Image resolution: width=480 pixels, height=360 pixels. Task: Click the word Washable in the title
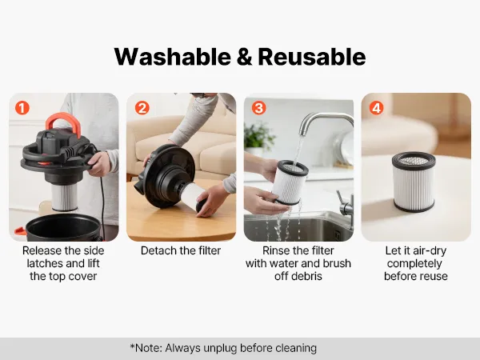(x=173, y=57)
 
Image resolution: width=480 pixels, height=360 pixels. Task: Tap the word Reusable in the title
(x=312, y=57)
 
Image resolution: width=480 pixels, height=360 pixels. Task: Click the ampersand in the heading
(x=245, y=58)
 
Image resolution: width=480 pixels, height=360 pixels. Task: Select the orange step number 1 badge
(x=22, y=108)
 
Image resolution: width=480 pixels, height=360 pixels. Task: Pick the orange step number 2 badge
(x=142, y=108)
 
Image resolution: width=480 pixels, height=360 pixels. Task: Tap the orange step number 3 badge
(x=258, y=108)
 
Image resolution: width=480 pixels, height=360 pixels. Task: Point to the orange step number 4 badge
(x=376, y=108)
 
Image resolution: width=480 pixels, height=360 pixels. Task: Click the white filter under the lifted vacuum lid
(x=64, y=198)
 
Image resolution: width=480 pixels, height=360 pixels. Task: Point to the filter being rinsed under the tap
(x=290, y=182)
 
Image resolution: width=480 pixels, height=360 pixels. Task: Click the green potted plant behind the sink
(x=258, y=138)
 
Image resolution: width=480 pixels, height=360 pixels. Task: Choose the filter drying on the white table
(x=414, y=182)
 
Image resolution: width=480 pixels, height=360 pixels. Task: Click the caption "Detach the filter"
(x=181, y=250)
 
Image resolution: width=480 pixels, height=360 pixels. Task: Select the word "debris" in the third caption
(x=306, y=277)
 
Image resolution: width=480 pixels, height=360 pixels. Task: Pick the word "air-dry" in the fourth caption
(x=430, y=250)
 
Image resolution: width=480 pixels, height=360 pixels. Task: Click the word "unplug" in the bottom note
(x=220, y=348)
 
